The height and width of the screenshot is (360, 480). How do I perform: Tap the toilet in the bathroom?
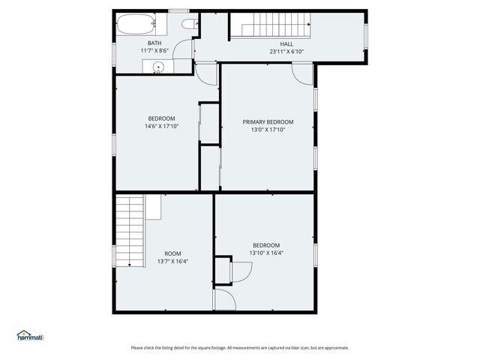(x=190, y=25)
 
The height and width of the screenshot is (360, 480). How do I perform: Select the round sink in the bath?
(x=157, y=68)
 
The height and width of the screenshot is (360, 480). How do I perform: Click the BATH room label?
(x=154, y=43)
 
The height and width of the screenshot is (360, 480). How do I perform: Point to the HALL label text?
(x=286, y=43)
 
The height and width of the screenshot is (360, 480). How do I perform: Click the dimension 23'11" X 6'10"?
(x=286, y=52)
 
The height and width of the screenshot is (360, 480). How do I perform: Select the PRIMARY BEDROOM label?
(x=268, y=121)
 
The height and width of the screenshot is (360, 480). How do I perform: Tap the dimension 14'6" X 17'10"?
(x=161, y=127)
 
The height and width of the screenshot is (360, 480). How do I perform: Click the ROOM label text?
(x=172, y=253)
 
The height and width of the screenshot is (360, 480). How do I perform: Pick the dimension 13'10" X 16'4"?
(x=266, y=253)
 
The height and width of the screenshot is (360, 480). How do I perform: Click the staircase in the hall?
(x=269, y=28)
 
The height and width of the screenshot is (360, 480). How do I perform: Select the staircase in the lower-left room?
(x=130, y=230)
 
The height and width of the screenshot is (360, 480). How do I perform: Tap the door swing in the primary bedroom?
(x=301, y=73)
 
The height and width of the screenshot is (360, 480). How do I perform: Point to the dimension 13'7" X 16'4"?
(x=172, y=262)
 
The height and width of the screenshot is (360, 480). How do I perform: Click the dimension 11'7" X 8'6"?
(x=154, y=51)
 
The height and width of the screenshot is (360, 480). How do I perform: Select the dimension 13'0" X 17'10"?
(x=268, y=130)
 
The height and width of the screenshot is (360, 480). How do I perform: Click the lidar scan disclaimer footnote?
(x=240, y=347)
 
